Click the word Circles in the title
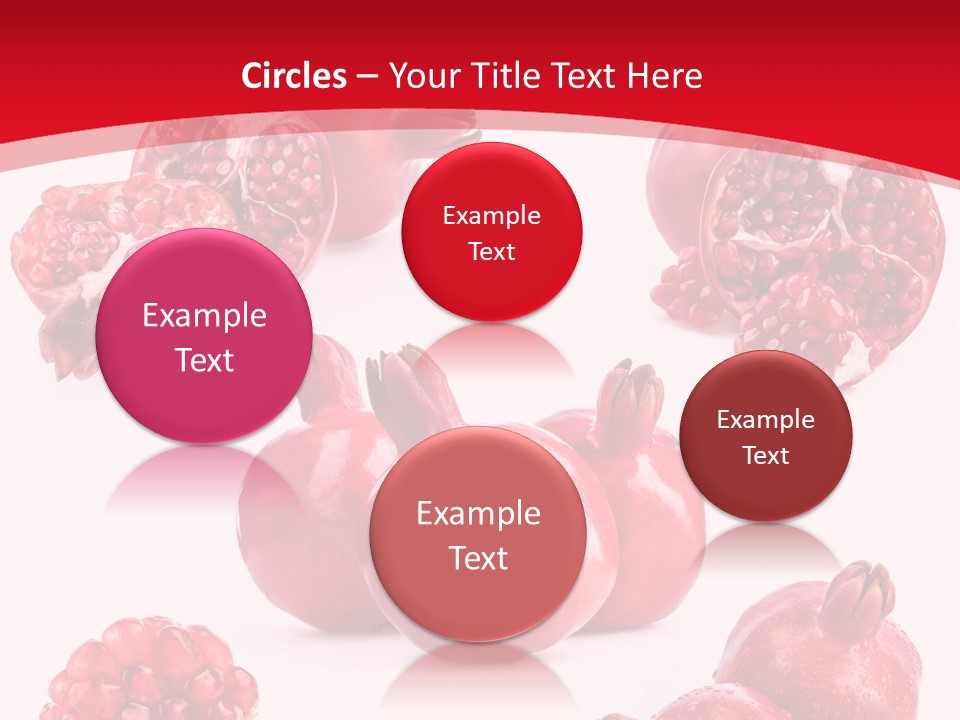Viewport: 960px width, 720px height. pos(294,76)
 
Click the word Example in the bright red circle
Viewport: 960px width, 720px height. pos(491,216)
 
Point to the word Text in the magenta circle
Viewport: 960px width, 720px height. pos(204,360)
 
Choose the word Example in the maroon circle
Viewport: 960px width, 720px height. pos(766,420)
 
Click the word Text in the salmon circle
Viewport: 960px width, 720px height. pos(478,558)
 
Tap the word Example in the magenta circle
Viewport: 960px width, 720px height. pos(204,316)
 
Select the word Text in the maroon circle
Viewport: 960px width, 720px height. pos(766,456)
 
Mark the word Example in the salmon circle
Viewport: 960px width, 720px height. pos(478,514)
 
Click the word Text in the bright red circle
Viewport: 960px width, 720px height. pos(491,252)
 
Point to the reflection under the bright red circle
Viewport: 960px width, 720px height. pos(491,345)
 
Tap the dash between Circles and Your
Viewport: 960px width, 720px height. pos(367,76)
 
